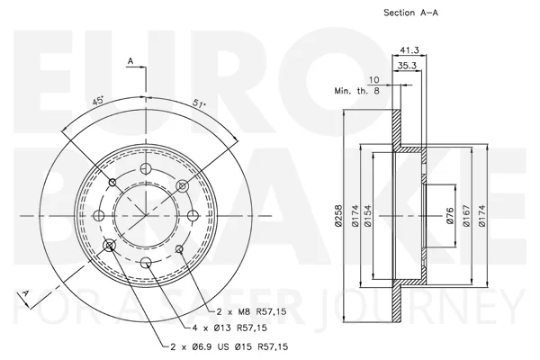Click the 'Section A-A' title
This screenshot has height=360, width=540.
click(411, 13)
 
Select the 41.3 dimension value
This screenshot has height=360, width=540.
click(409, 50)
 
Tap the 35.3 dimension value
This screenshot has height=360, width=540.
click(407, 66)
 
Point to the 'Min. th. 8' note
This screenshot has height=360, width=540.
click(356, 91)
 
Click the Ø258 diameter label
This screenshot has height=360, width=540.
click(339, 216)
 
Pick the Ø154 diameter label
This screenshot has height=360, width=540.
click(368, 216)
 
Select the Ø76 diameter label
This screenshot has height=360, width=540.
click(450, 216)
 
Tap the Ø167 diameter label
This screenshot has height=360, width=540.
click(466, 216)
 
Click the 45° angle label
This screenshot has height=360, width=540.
click(98, 101)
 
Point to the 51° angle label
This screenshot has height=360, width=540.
click(199, 103)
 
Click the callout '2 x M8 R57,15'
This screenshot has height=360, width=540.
click(252, 311)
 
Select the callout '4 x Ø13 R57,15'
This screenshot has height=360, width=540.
click(229, 328)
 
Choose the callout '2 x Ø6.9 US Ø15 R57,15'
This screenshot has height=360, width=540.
click(229, 346)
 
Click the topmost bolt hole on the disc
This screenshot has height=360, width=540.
click(146, 168)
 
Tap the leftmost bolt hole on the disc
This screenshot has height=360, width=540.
click(99, 216)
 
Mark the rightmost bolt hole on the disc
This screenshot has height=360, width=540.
click(193, 216)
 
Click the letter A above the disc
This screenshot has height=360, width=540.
click(130, 61)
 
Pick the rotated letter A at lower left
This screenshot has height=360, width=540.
click(24, 294)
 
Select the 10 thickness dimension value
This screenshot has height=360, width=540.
click(373, 80)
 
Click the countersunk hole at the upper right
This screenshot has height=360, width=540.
click(183, 186)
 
